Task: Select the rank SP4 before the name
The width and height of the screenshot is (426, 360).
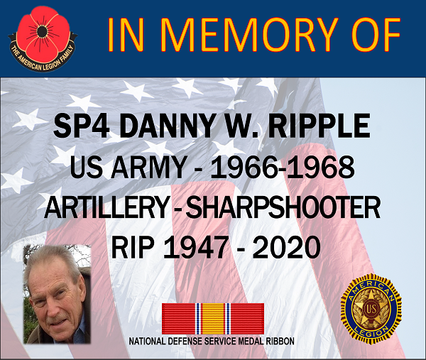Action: [81, 126]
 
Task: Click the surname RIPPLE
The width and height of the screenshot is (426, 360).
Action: [319, 126]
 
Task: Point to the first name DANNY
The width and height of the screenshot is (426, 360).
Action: [168, 126]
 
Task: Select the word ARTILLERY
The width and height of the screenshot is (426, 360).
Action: [106, 208]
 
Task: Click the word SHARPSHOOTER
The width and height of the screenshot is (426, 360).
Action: [283, 208]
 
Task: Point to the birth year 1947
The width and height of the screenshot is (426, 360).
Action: [195, 248]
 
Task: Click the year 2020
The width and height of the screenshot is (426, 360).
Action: [287, 248]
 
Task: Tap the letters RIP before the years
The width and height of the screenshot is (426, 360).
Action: [133, 248]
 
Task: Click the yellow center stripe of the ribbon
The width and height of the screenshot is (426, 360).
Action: [213, 318]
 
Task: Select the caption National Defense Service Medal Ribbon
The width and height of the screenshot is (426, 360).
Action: [212, 342]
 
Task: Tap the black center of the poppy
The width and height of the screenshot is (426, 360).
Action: [41, 32]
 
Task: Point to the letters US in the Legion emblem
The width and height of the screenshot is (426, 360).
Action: [371, 309]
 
